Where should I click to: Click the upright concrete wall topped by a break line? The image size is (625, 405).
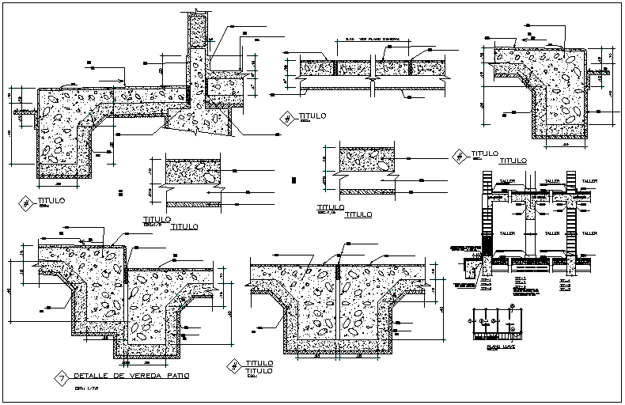point(198,47)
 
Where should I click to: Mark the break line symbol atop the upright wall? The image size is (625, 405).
point(198,14)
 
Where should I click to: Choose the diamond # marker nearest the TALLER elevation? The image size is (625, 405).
point(456,156)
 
